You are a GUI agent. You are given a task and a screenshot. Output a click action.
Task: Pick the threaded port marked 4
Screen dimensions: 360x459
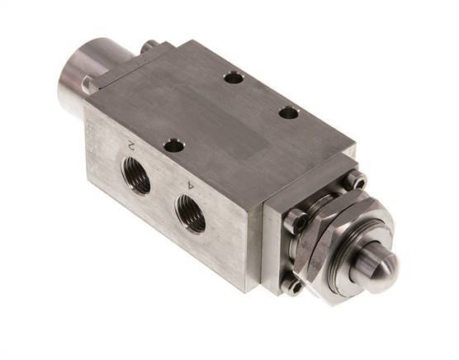coord(192,216)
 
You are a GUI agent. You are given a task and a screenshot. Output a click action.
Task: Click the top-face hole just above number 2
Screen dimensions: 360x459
coord(173,146)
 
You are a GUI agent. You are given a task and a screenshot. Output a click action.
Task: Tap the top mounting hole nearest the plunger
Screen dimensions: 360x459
coord(288,112)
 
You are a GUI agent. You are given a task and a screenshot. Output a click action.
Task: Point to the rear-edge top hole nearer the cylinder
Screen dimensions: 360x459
coord(234,78)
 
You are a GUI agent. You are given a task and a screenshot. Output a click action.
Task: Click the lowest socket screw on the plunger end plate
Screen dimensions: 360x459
coord(292,286)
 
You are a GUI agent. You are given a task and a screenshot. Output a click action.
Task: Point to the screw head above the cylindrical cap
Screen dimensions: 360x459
coord(149,47)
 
